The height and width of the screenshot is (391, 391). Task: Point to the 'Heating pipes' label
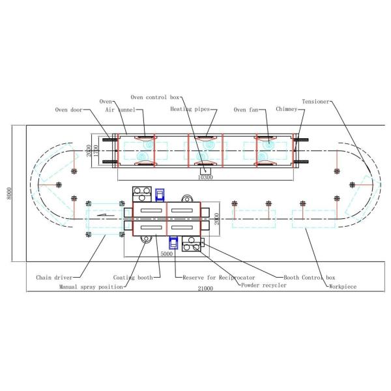[x=190, y=109]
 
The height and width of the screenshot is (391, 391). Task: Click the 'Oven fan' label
[x=249, y=109]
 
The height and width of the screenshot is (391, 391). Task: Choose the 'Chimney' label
[x=286, y=109]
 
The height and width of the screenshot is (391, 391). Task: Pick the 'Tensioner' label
[x=317, y=102]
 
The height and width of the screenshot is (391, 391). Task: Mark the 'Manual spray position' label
[x=91, y=286]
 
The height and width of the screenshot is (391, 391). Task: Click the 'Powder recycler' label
[x=263, y=285]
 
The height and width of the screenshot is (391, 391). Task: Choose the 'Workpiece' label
[x=344, y=285]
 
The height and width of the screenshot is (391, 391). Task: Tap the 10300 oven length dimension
[x=205, y=177]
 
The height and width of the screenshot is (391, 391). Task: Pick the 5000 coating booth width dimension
[x=166, y=254]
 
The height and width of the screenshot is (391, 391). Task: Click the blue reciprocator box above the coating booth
[x=159, y=194]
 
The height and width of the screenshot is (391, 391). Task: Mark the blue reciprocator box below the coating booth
[x=173, y=243]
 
